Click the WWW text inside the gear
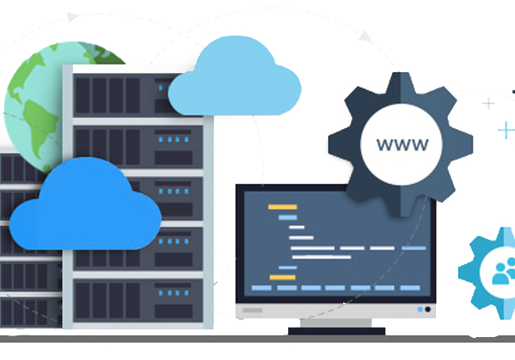[x=402, y=144]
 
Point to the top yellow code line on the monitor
[x=282, y=207]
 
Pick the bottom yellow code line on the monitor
[x=282, y=278]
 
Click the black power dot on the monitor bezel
[x=427, y=309]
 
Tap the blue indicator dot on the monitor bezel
[x=420, y=309]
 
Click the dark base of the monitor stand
[x=337, y=331]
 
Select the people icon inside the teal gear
[x=503, y=272]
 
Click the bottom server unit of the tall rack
[x=138, y=301]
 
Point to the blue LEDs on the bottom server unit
[x=173, y=293]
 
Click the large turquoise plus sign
[x=507, y=130]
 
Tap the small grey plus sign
[x=489, y=104]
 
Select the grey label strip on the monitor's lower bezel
[x=252, y=310]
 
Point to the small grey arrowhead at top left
[x=72, y=17]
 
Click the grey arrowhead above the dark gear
[x=365, y=37]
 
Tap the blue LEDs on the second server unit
[x=173, y=139]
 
